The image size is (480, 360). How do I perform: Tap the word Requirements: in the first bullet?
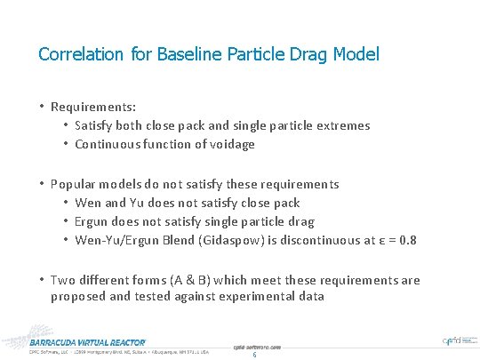pyautogui.click(x=92, y=107)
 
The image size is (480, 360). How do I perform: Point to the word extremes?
pyautogui.click(x=340, y=125)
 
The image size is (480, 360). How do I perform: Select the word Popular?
pyautogui.click(x=75, y=184)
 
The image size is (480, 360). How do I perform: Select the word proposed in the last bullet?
pyautogui.click(x=79, y=296)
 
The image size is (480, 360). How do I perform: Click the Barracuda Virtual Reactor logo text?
pyautogui.click(x=87, y=341)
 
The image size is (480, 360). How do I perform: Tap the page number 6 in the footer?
pyautogui.click(x=254, y=355)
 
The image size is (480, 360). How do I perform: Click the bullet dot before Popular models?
pyautogui.click(x=42, y=184)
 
